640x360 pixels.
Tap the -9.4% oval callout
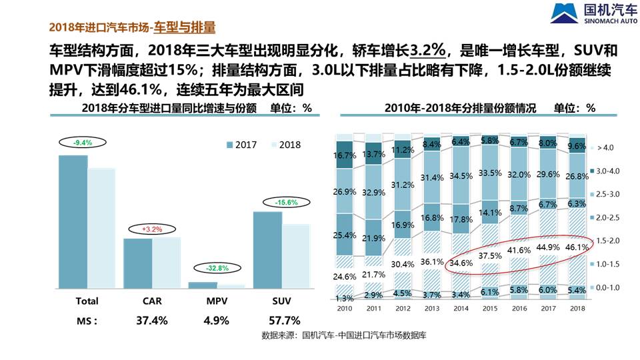point(83,143)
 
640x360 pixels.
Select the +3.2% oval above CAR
point(152,229)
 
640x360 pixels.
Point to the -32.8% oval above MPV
point(217,268)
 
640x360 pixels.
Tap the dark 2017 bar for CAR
point(138,263)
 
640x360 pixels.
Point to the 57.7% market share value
point(283,321)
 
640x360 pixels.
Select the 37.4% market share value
point(151,321)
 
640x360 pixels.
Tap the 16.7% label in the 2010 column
point(345,155)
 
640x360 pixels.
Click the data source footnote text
point(343,336)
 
